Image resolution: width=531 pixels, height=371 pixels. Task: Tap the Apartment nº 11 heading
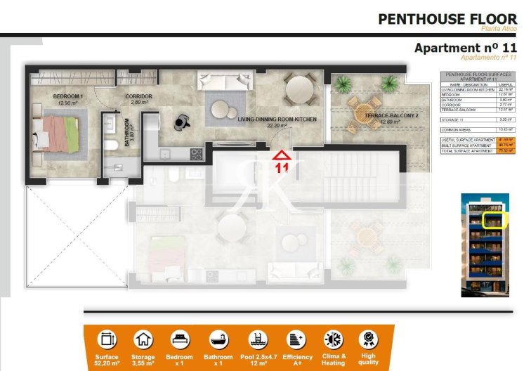(466, 48)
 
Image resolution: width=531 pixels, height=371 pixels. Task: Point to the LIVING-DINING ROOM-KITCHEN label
(277, 119)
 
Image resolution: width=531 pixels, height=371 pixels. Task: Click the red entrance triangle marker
(282, 155)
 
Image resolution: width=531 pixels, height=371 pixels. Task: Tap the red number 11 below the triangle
(282, 168)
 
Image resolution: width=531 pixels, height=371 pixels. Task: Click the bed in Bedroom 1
(59, 134)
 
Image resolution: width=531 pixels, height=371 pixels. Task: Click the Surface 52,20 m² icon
(107, 339)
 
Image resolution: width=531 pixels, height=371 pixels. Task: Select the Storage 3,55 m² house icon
(143, 339)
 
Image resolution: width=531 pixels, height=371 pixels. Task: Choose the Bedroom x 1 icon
(180, 339)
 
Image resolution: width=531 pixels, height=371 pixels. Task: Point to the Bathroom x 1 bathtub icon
(218, 339)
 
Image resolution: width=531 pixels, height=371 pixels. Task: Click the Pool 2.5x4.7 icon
(256, 339)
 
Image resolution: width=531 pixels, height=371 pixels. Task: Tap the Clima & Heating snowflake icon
(333, 339)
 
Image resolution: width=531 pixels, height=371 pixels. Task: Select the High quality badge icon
(367, 339)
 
